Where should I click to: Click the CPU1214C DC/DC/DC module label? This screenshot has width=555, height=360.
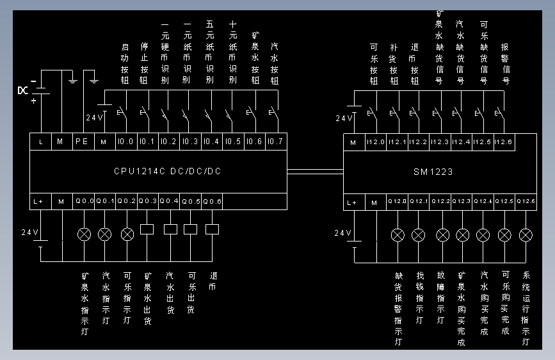click(168, 172)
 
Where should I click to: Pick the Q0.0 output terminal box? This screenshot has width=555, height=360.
click(84, 202)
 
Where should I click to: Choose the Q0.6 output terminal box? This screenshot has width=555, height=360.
click(212, 202)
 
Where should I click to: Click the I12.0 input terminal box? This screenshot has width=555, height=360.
click(375, 142)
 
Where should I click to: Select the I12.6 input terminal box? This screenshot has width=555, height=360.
click(504, 142)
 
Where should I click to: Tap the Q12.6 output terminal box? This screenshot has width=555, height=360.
click(526, 202)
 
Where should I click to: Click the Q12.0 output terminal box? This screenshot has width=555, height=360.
click(398, 202)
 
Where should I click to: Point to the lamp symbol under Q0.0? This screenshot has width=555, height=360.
click(84, 234)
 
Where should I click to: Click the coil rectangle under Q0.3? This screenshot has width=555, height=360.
click(147, 229)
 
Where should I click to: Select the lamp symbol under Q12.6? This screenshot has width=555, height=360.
click(526, 234)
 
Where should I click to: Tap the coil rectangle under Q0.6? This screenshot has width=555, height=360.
click(212, 229)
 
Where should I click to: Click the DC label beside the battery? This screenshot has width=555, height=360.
click(23, 90)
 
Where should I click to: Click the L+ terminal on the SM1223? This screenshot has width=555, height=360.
click(351, 202)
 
